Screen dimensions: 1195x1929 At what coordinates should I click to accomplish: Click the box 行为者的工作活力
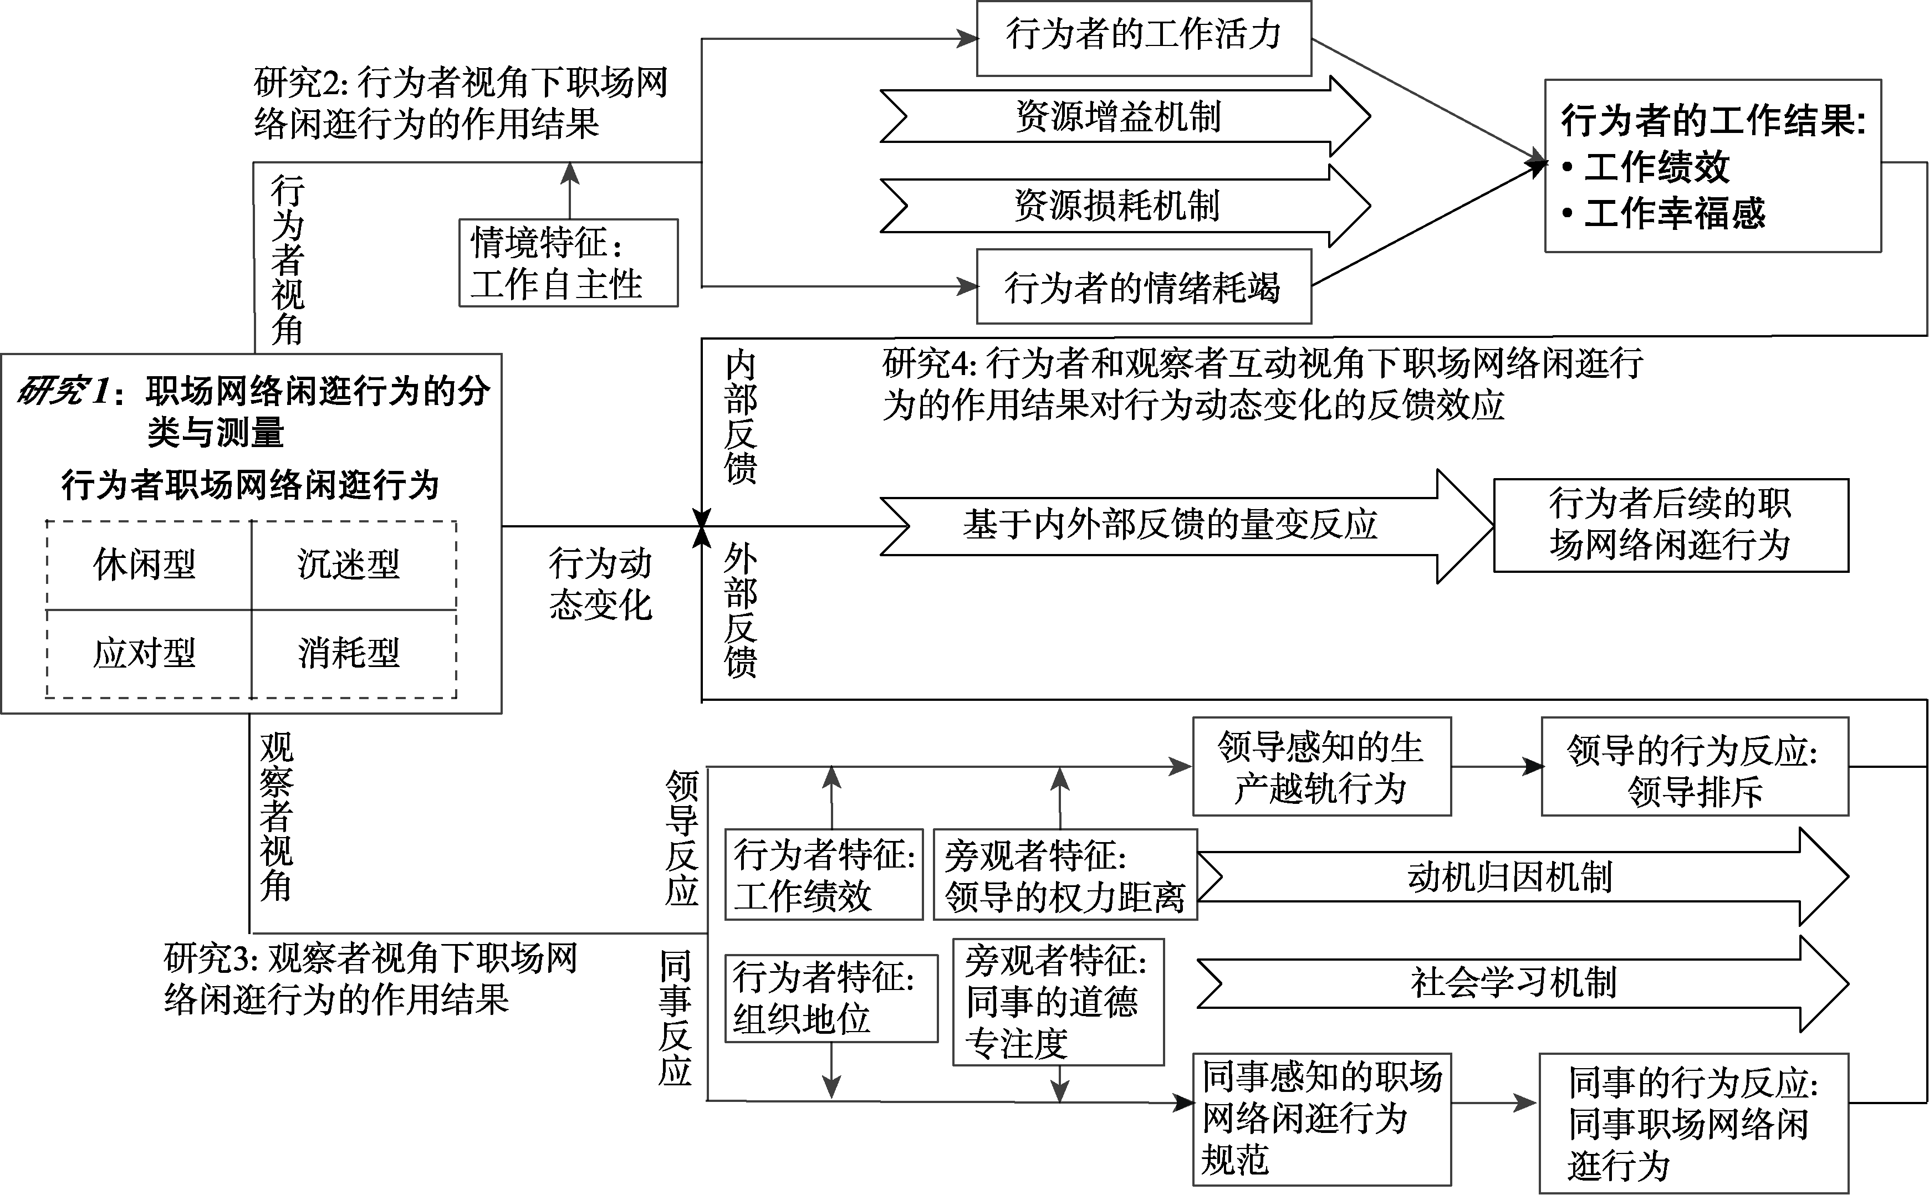(x=1143, y=37)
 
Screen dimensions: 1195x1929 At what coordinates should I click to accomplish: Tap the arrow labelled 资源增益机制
(x=1119, y=117)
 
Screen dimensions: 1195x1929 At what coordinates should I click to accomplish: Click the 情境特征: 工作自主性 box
(x=568, y=263)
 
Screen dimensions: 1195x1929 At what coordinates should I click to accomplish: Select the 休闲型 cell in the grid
(x=145, y=565)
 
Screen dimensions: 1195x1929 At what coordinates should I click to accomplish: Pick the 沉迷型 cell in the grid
(x=349, y=565)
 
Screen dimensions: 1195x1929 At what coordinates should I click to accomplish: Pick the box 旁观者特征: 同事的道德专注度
(x=1057, y=1001)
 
